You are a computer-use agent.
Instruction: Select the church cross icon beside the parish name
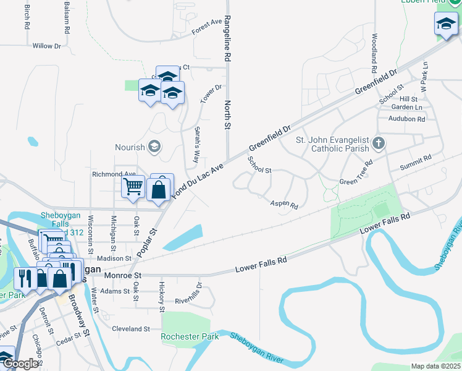tap(379, 144)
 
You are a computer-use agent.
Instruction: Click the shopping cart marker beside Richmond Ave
tap(133, 187)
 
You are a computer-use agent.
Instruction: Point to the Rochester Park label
tap(190, 337)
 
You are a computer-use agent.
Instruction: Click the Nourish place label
tap(130, 147)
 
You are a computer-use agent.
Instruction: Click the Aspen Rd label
tap(284, 204)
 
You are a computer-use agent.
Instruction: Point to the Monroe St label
tap(123, 275)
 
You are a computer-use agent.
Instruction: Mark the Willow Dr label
tap(47, 46)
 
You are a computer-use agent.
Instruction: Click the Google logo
tap(20, 364)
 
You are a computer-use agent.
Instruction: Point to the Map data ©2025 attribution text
tap(435, 366)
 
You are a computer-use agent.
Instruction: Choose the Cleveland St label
tap(131, 329)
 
